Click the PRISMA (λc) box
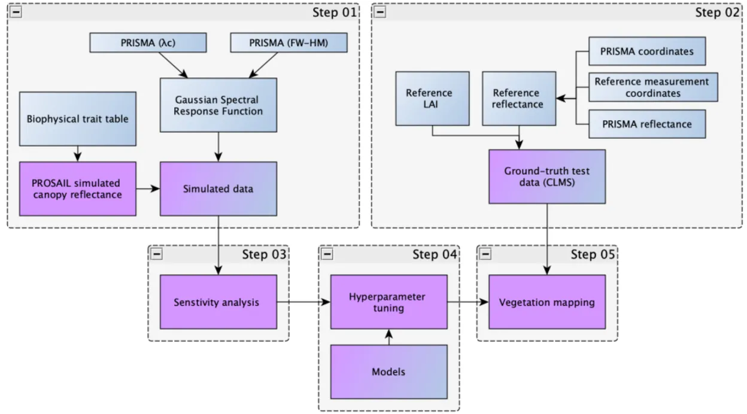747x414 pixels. click(147, 42)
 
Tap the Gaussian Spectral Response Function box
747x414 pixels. click(218, 105)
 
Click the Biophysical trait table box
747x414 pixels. click(77, 118)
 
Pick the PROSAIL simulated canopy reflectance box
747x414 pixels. click(77, 188)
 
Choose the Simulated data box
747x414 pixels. click(218, 188)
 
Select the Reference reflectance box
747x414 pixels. click(517, 99)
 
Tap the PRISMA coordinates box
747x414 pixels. click(647, 51)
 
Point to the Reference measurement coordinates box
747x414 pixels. click(651, 87)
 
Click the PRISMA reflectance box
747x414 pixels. click(647, 124)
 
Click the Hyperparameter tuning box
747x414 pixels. click(389, 302)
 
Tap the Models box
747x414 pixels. click(389, 372)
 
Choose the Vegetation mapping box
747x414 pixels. click(547, 302)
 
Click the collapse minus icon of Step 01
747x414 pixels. click(16, 13)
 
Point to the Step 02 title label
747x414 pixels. click(716, 13)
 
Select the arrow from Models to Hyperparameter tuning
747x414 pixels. click(389, 337)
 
